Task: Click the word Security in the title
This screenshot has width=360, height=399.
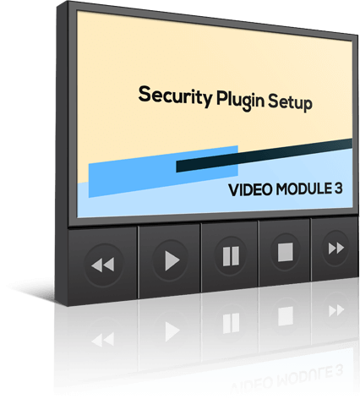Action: coord(175,96)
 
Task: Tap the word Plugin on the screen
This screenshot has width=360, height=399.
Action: coord(241,101)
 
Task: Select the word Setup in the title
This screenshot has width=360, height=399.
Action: coord(290,103)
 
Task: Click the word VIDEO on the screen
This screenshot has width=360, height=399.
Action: coord(250,189)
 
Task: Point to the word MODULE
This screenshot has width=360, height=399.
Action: coord(303,189)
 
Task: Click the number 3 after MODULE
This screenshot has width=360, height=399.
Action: coord(339,188)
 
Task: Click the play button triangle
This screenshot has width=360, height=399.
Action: coord(172,260)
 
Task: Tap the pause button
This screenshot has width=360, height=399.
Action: coord(231,256)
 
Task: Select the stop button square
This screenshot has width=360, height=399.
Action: coord(286,252)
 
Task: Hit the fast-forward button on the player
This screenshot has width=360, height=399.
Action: coord(336,249)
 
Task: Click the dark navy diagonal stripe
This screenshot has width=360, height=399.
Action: coord(264,156)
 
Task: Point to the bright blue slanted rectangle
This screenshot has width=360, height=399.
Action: coord(163,172)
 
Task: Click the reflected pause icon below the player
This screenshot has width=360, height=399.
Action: coord(231,323)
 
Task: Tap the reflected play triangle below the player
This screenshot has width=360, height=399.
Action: coord(172,331)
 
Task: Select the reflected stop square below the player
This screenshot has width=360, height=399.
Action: coord(286,316)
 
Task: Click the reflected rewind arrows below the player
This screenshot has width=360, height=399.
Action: coord(103,339)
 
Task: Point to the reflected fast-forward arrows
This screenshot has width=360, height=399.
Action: coord(336,310)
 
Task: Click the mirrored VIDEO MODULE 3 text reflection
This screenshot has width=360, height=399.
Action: coord(286,379)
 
